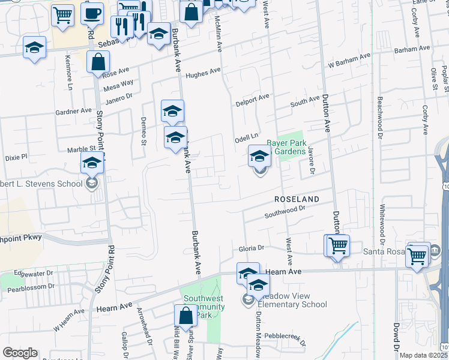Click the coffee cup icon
pos(92,13)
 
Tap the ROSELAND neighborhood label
pos(296,198)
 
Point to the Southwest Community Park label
pos(203,306)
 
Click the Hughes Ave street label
pos(203,73)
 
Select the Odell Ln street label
pos(246,137)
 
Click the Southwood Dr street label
pos(285,212)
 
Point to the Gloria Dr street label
pos(252,248)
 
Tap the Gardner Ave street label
pos(73,111)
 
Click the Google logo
pos(20,353)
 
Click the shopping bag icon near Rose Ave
pos(98,62)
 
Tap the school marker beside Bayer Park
pos(259,157)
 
